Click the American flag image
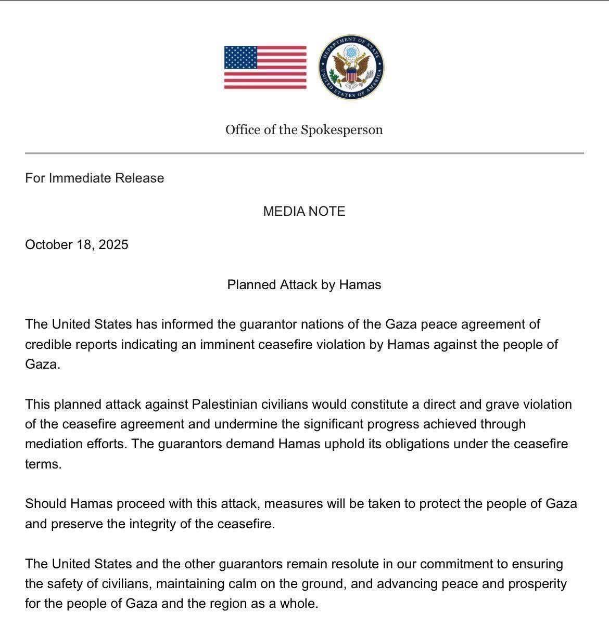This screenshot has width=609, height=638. [265, 68]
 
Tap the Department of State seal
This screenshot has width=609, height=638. [351, 68]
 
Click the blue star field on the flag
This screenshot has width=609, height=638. [240, 58]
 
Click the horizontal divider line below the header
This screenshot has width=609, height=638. [304, 153]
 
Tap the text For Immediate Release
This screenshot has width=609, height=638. [94, 178]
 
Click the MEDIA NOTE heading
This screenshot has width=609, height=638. [304, 211]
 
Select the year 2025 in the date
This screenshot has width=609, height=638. [113, 244]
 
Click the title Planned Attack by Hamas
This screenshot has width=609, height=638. [304, 284]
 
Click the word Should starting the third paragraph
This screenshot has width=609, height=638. [46, 503]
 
